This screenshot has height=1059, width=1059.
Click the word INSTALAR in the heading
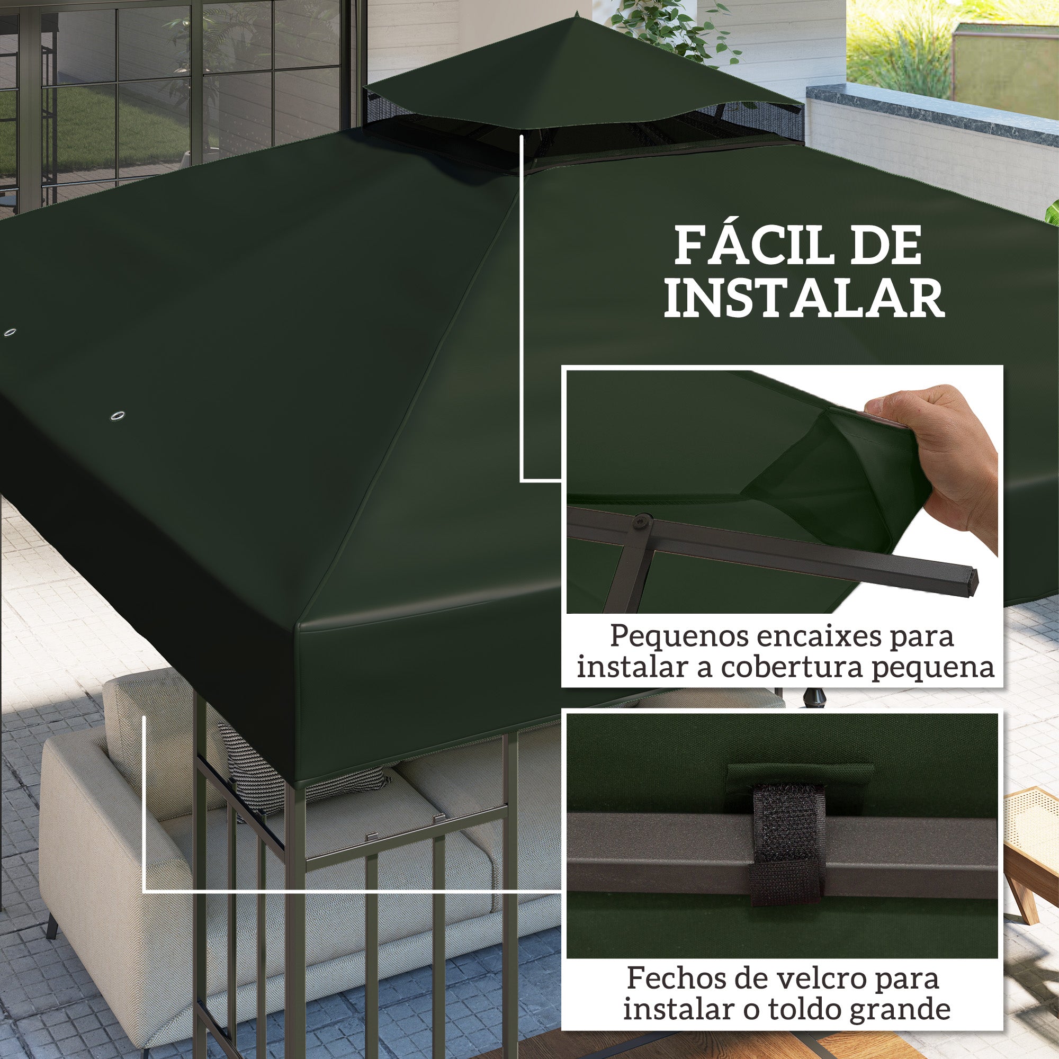click(805, 299)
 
